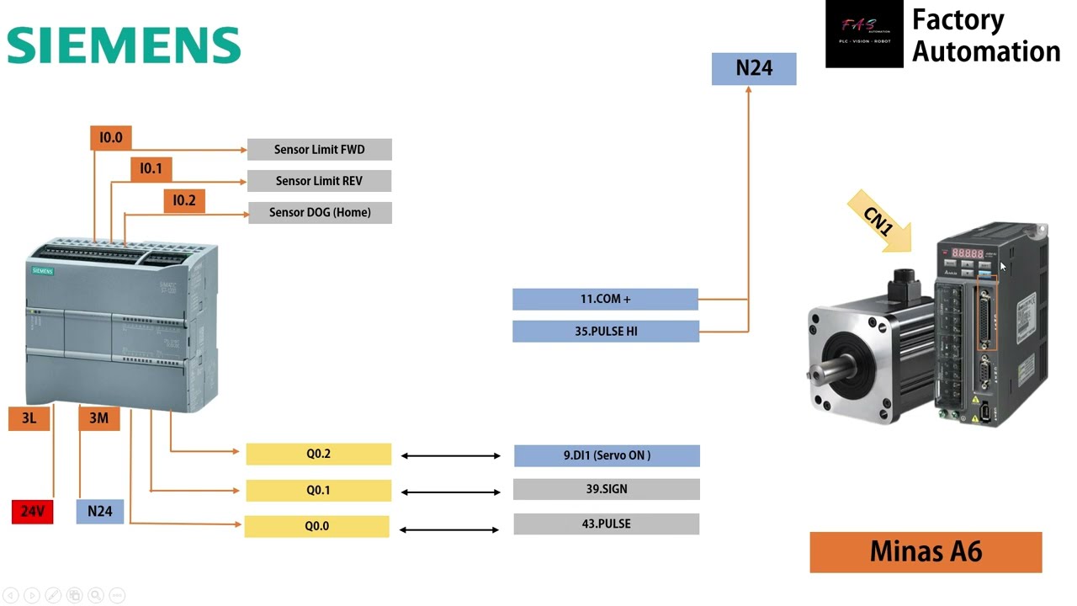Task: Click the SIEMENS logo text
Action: coord(124,45)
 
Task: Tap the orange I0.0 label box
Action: coord(110,137)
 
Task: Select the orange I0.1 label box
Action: coord(151,168)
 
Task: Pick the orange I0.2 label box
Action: coord(183,200)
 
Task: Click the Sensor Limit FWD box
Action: coord(319,150)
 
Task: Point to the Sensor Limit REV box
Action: coord(319,181)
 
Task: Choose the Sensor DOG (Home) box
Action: coord(320,212)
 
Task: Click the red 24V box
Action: coord(32,511)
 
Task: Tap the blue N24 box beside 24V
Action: coord(99,511)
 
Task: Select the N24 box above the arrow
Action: coord(753,68)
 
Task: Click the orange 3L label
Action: coord(29,418)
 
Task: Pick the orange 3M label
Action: coord(98,418)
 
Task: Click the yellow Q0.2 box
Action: coord(318,454)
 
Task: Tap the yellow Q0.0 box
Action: coord(316,526)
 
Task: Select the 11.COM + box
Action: coord(605,299)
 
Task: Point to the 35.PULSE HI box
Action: coord(605,331)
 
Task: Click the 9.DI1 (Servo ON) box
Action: coord(606,455)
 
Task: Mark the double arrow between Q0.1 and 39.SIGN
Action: coord(450,492)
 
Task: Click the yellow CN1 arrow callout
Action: coord(880,221)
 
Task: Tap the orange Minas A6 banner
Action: coord(926,552)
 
